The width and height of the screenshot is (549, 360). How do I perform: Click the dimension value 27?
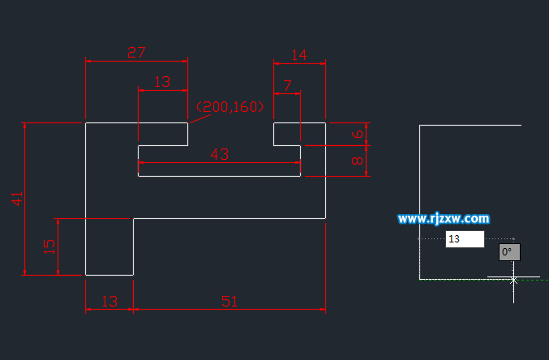[136, 53]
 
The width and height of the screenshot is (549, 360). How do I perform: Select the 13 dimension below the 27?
[162, 82]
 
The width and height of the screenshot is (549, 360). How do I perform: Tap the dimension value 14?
[298, 55]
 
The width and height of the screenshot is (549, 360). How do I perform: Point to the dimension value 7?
[287, 85]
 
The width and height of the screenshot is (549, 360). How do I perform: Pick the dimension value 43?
[219, 155]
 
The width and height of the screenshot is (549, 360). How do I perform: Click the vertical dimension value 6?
[357, 134]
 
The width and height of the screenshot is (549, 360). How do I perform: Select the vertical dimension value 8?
[357, 161]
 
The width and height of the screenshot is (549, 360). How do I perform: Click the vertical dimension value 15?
[49, 246]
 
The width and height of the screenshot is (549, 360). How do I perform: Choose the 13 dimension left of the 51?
[109, 302]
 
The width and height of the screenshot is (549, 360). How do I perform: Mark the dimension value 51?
[229, 302]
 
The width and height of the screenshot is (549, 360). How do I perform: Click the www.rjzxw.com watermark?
[444, 218]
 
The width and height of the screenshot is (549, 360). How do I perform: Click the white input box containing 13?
[465, 239]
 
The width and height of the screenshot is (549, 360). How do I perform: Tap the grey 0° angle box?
[508, 252]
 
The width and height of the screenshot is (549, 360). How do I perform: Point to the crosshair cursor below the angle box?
[513, 279]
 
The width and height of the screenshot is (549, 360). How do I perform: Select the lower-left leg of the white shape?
[109, 246]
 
